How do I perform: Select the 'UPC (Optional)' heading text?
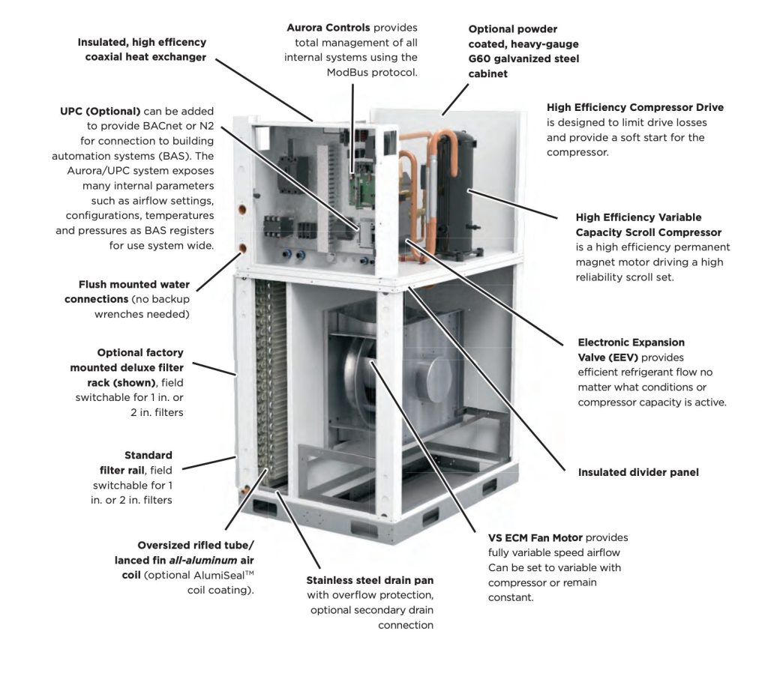100,111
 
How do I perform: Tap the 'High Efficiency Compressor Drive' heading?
635,108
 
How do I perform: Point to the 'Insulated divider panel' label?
637,473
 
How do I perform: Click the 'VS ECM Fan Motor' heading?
535,538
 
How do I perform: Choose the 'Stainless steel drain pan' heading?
370,580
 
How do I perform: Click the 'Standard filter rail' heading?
148,456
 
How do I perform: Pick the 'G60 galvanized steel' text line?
523,58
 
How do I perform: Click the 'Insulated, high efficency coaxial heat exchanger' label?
142,49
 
